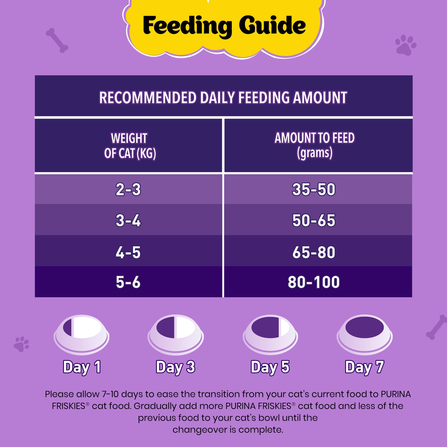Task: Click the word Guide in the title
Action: point(272,26)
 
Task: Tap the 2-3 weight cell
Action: point(128,189)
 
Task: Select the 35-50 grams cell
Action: point(314,189)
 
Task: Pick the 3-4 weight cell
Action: point(128,221)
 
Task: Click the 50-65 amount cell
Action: point(314,221)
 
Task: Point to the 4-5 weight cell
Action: point(128,252)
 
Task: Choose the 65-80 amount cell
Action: point(314,252)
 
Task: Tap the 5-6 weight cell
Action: point(128,282)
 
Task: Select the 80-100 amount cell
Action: point(314,282)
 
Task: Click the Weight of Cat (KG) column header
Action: point(130,146)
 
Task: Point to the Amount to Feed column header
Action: point(314,145)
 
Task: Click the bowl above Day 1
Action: point(81,334)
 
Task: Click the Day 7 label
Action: point(364,367)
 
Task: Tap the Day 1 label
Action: point(82,367)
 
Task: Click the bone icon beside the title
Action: point(57,41)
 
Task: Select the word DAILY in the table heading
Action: point(217,97)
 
